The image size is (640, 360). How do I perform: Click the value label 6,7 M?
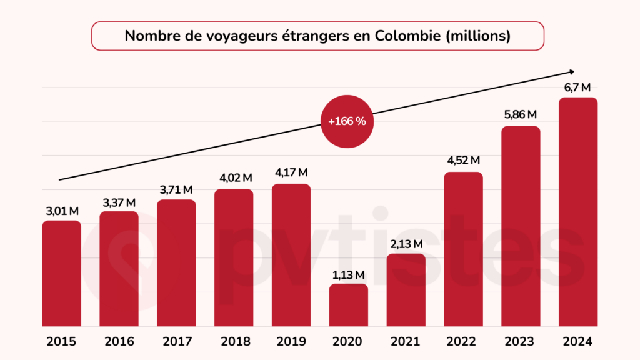(x=577, y=87)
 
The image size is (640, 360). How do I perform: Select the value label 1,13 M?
(x=349, y=274)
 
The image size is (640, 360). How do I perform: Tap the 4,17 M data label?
(x=291, y=172)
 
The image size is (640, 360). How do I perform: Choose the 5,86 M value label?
(x=521, y=115)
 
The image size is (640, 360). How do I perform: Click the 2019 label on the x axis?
(x=291, y=342)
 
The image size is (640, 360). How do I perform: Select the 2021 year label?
(x=406, y=342)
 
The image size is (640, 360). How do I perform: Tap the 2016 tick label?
(x=119, y=342)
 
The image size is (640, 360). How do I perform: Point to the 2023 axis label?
(x=521, y=342)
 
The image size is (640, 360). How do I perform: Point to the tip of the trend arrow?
(x=573, y=71)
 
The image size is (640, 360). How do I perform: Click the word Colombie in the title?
(x=406, y=36)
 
